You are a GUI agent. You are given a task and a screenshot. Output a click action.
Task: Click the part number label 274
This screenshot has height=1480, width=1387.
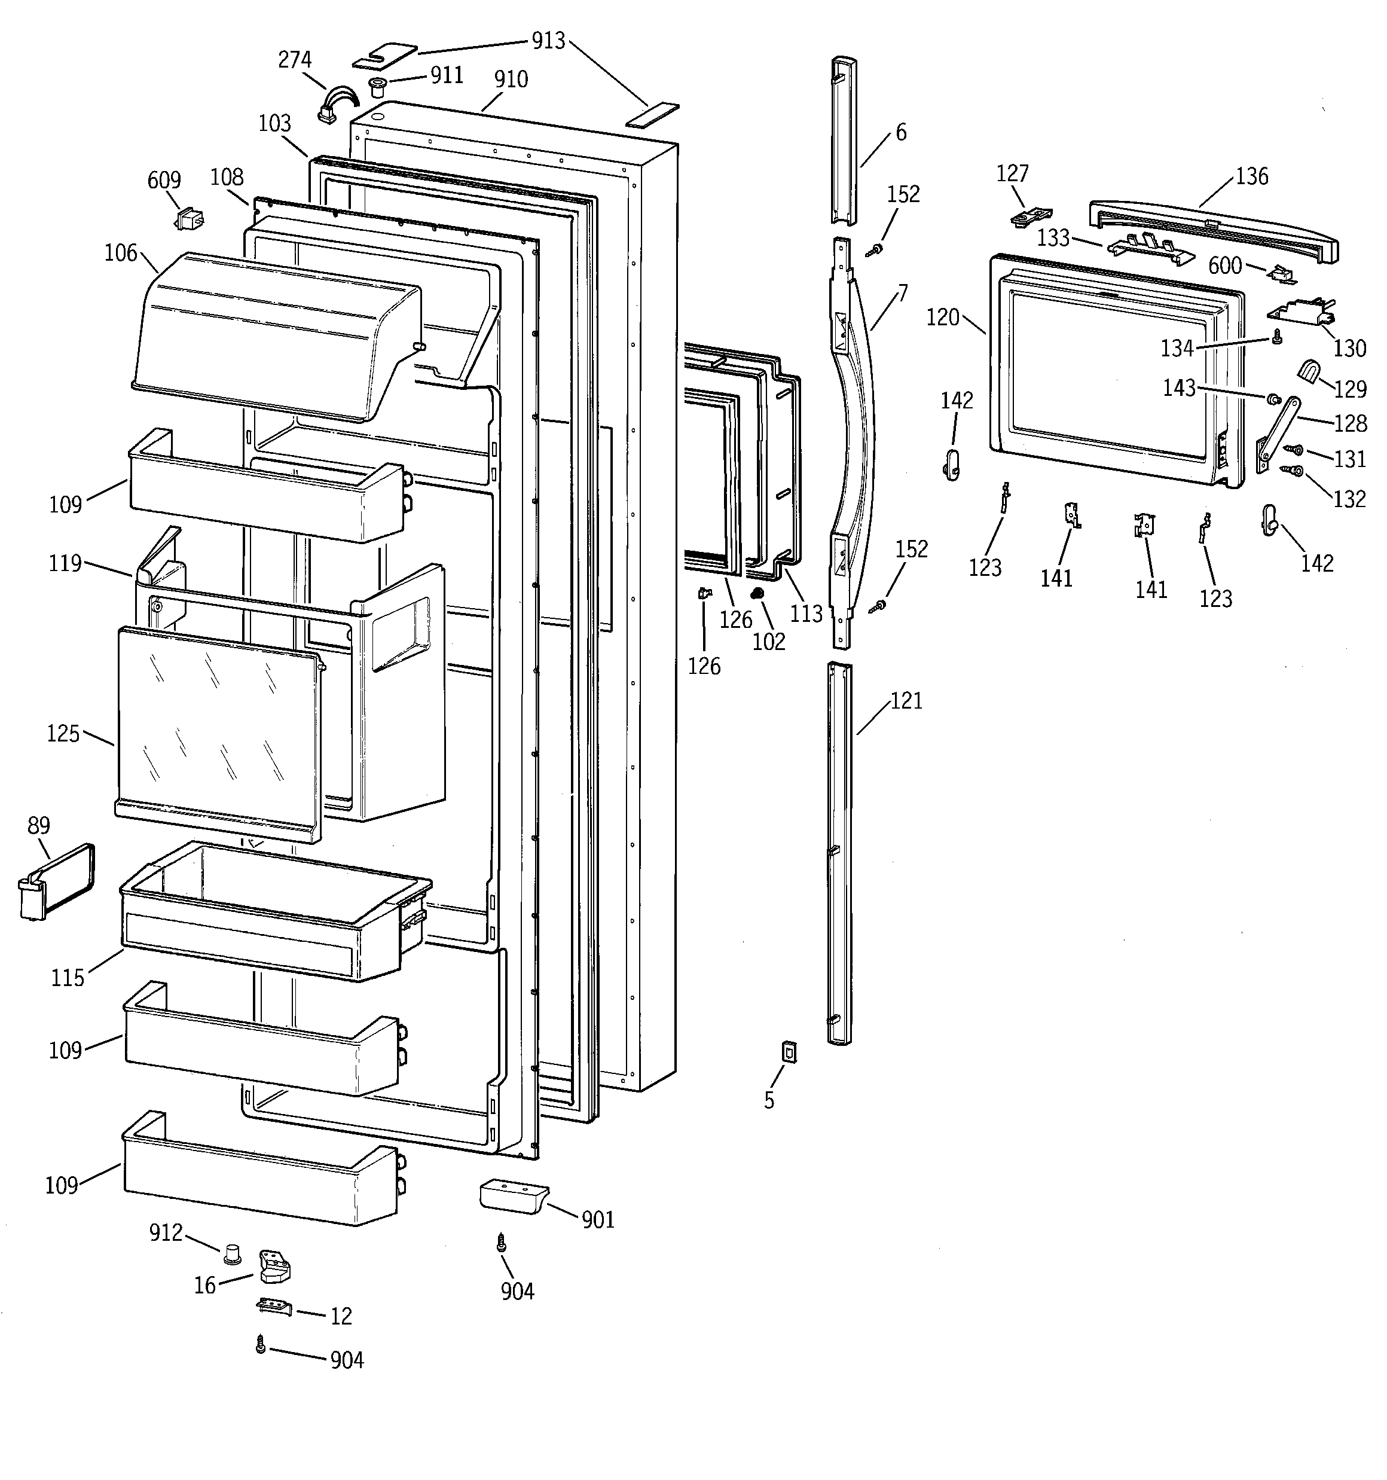click(x=295, y=60)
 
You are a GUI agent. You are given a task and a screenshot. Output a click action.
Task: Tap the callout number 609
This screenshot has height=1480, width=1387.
click(x=164, y=180)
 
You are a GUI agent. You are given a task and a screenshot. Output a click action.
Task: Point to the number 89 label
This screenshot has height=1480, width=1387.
click(x=39, y=826)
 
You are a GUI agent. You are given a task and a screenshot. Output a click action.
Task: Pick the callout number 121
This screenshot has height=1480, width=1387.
click(x=906, y=701)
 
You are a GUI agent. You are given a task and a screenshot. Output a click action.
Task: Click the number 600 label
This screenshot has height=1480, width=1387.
click(x=1225, y=265)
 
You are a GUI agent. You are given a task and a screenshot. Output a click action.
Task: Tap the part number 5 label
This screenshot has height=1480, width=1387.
click(x=769, y=1100)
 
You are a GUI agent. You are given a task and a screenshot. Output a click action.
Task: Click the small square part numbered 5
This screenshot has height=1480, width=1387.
click(x=789, y=1051)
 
